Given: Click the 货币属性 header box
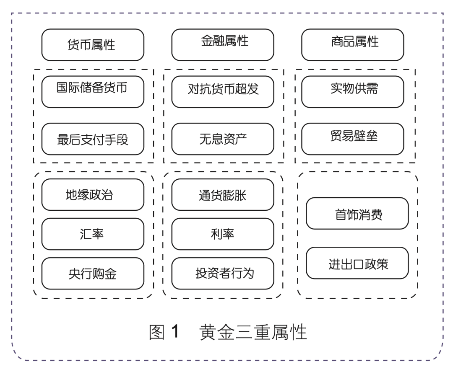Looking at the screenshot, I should click(93, 45).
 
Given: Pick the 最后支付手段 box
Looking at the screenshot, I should click(93, 139).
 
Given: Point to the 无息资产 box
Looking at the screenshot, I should click(223, 139).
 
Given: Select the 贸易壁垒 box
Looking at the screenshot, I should click(353, 139).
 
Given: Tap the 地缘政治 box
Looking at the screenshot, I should click(93, 195).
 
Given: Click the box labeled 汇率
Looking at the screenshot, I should click(93, 234).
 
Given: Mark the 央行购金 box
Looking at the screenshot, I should click(93, 274).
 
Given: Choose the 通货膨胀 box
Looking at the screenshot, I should click(223, 195).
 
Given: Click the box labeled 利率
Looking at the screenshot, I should click(223, 234).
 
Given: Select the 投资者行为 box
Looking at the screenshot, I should click(223, 274).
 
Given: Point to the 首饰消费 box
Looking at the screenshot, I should click(357, 214).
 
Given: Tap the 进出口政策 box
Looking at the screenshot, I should click(357, 263).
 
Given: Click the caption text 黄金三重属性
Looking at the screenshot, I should click(253, 332).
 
